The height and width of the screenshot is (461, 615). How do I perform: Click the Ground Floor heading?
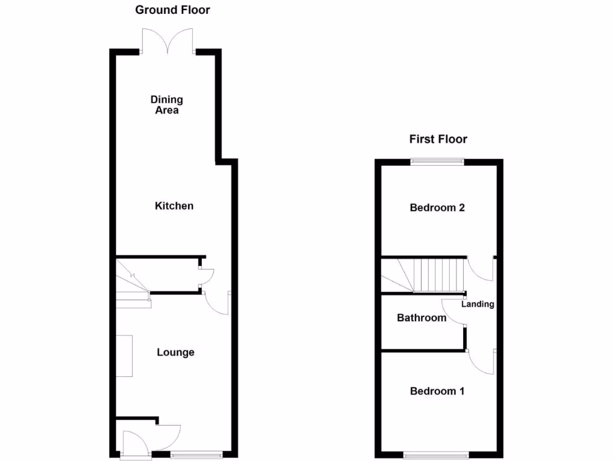click(172, 10)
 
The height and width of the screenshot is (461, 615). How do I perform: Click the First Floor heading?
click(438, 139)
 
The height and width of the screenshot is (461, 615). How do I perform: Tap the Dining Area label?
click(166, 104)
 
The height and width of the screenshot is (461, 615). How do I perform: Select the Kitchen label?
click(174, 206)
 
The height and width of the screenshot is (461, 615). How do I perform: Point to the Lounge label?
click(175, 352)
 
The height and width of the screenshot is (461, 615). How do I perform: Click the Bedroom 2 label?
click(437, 208)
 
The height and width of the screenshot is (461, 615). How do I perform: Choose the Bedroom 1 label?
click(437, 391)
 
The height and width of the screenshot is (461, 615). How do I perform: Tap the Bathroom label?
click(422, 318)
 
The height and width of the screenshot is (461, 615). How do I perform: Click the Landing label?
click(477, 304)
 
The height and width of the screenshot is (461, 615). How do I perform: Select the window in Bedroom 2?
click(437, 161)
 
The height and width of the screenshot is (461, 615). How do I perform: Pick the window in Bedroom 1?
click(437, 454)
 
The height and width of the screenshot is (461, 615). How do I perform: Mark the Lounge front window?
click(196, 454)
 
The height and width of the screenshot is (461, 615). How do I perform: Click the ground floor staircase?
click(132, 282)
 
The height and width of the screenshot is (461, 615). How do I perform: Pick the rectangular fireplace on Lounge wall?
click(124, 356)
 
